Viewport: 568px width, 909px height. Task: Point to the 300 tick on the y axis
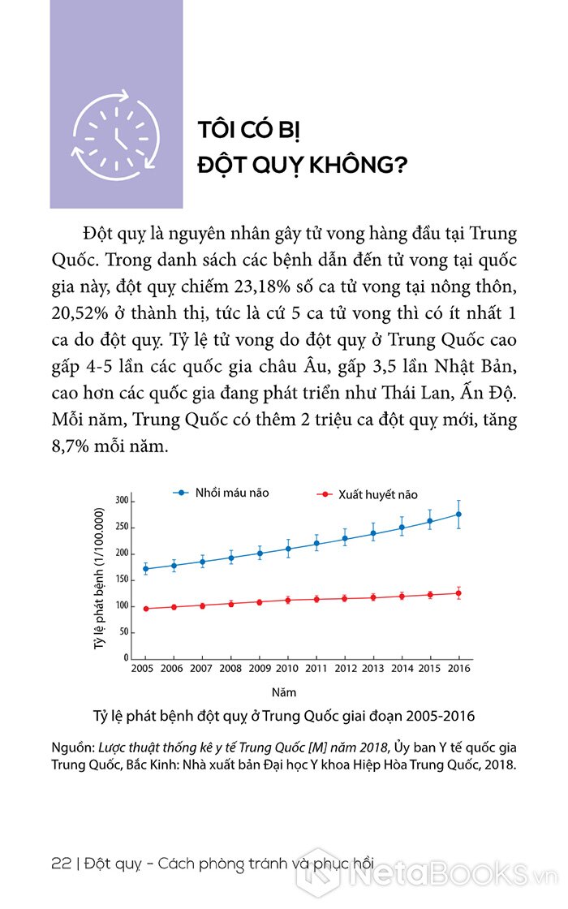pos(122,501)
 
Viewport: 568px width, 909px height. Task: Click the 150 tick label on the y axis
pos(122,579)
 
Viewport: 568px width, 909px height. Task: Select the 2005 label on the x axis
pos(144,669)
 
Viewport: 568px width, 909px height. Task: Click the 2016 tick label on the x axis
pos(459,669)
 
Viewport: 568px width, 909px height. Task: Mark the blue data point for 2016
pos(459,514)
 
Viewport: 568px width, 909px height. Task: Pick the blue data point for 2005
pos(145,569)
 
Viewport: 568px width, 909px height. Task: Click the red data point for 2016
pos(459,593)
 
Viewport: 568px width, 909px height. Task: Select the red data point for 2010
pos(287,601)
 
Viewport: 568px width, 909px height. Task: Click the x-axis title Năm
pos(284,693)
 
